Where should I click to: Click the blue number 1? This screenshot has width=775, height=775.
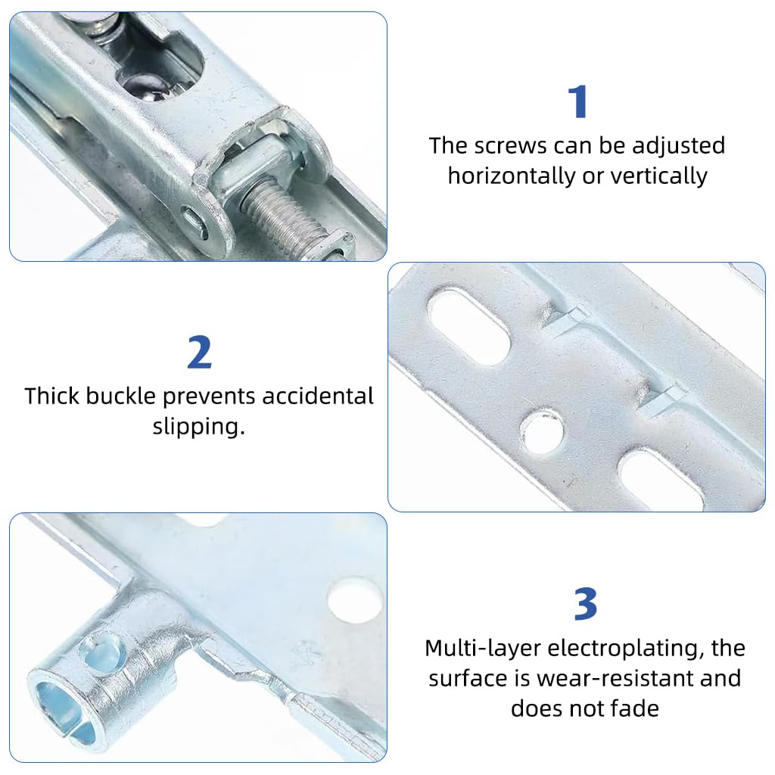578,102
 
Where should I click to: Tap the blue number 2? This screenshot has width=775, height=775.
200,353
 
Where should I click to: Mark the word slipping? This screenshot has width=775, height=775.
198,426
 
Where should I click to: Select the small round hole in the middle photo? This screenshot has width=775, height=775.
542,431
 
